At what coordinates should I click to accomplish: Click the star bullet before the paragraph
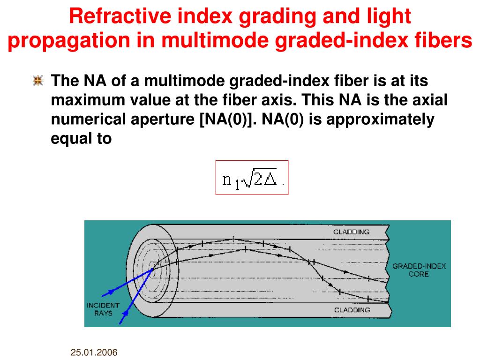pyautogui.click(x=38, y=81)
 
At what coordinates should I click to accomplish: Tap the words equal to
pyautogui.click(x=81, y=139)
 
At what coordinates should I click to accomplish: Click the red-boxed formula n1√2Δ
pyautogui.click(x=252, y=178)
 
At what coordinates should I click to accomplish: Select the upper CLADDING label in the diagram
pyautogui.click(x=351, y=232)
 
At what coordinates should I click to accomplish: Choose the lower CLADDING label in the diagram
pyautogui.click(x=352, y=310)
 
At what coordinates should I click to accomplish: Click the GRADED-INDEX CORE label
pyautogui.click(x=419, y=270)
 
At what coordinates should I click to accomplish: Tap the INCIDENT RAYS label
pyautogui.click(x=103, y=309)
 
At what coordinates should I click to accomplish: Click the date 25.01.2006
pyautogui.click(x=94, y=352)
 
